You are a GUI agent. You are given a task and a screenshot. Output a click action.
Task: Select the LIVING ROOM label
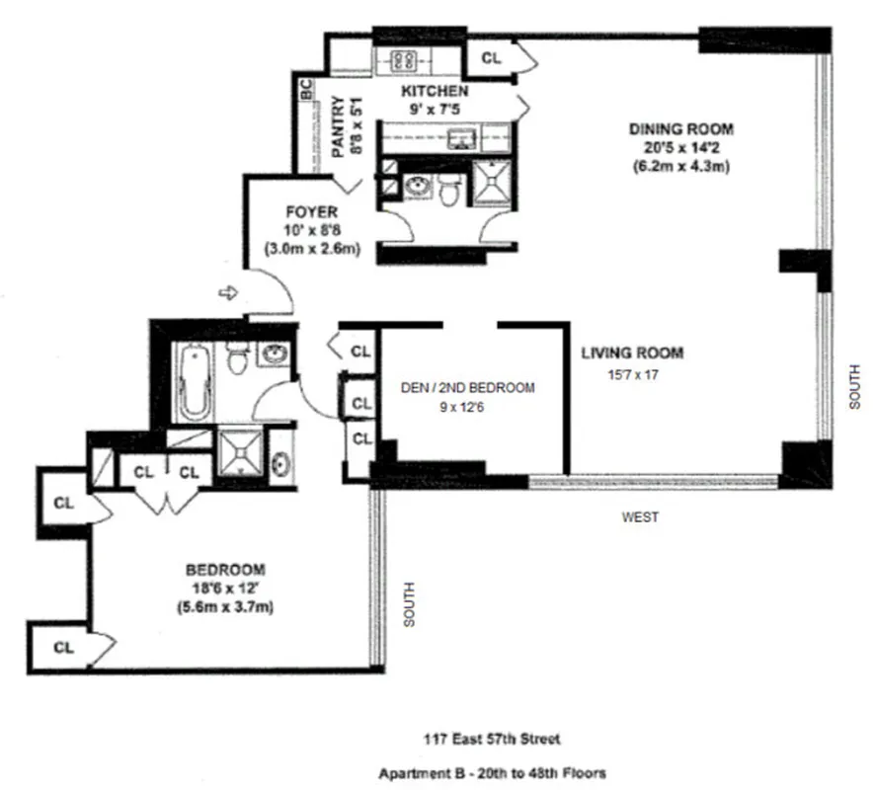coord(632,353)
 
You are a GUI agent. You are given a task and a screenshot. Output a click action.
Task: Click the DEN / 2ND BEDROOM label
coord(468,387)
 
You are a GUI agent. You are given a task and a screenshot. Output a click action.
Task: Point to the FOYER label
coord(312,211)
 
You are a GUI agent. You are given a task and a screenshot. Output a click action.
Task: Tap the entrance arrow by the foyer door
coord(227,292)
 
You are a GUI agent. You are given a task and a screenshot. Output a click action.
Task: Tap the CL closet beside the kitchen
coord(491,58)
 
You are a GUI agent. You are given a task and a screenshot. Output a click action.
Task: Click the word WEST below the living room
coord(640,516)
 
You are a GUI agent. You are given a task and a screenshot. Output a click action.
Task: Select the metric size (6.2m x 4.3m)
coord(681,167)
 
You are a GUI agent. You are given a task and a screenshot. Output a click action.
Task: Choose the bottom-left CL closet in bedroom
coord(64,648)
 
